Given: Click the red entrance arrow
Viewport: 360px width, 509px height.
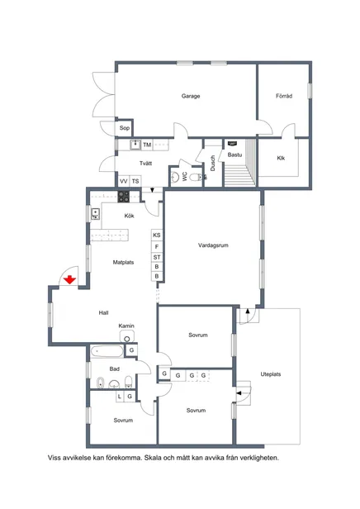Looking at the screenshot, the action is tap(69, 279).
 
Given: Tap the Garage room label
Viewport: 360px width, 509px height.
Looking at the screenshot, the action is tap(191, 96).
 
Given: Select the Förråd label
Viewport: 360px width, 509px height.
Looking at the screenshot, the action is tap(284, 96).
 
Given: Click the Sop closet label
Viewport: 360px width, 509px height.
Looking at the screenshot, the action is tap(125, 128).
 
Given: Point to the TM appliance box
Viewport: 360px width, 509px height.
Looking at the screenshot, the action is tap(147, 145).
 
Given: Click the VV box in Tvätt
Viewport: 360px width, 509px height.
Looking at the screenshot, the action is tap(124, 181).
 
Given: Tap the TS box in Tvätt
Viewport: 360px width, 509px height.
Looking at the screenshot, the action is tap(135, 181).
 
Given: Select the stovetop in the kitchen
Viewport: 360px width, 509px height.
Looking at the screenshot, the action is tap(124, 197).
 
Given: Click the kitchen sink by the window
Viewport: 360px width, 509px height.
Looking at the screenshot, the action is tap(95, 214).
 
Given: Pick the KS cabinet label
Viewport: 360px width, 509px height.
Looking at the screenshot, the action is tap(157, 235).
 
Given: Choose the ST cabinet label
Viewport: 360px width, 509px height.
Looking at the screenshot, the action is tap(157, 257).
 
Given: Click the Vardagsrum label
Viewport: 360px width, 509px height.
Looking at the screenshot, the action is tap(213, 245).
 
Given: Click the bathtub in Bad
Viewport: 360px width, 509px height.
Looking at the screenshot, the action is tap(107, 351).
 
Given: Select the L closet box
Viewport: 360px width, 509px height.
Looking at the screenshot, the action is tap(120, 397).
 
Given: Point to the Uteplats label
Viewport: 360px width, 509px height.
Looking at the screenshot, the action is tap(271, 374).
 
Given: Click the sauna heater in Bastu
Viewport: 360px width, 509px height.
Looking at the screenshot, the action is tap(232, 143).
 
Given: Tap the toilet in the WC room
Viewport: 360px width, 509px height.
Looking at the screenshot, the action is tap(196, 177).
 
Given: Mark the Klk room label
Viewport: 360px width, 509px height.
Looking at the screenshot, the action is tap(281, 158).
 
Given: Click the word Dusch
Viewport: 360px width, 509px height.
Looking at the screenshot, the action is tap(213, 163).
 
